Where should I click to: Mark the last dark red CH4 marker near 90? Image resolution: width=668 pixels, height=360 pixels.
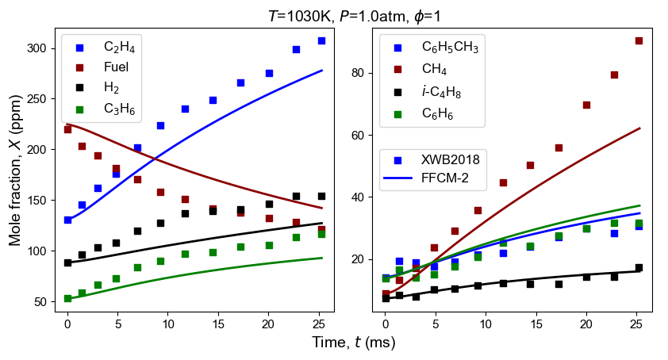tap(639, 40)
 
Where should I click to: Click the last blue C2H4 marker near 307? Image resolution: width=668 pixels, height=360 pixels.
tap(321, 40)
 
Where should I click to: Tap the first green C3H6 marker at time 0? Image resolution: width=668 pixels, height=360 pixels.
tap(67, 299)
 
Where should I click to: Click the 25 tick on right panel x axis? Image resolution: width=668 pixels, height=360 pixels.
tap(636, 324)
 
